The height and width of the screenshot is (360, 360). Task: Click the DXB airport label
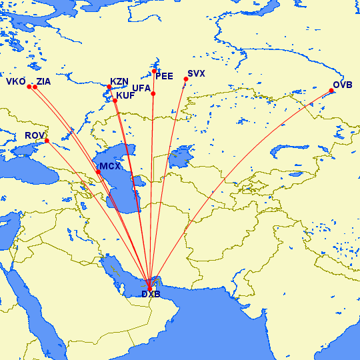(151, 295)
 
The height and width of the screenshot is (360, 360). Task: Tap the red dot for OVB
(331, 91)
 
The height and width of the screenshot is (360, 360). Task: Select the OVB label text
(343, 84)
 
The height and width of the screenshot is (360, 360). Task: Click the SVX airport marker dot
(186, 79)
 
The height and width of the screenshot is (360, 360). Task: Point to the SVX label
(197, 73)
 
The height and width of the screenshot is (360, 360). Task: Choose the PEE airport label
(164, 77)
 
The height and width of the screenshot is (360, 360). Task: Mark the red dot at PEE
(154, 71)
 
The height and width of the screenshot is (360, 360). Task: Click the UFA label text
(141, 88)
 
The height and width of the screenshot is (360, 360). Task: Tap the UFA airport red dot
(153, 93)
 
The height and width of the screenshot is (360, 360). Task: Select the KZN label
(119, 81)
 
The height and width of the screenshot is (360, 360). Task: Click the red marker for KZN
(109, 87)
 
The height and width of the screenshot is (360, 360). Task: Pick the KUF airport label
(125, 95)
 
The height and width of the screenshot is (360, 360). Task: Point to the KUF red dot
(115, 101)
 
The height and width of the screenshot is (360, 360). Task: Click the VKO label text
(15, 82)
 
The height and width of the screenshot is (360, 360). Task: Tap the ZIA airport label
(43, 82)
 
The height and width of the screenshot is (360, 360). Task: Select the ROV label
(34, 136)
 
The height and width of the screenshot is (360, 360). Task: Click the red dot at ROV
(47, 141)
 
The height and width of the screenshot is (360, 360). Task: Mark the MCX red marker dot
(99, 172)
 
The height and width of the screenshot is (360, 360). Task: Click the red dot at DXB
(149, 288)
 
